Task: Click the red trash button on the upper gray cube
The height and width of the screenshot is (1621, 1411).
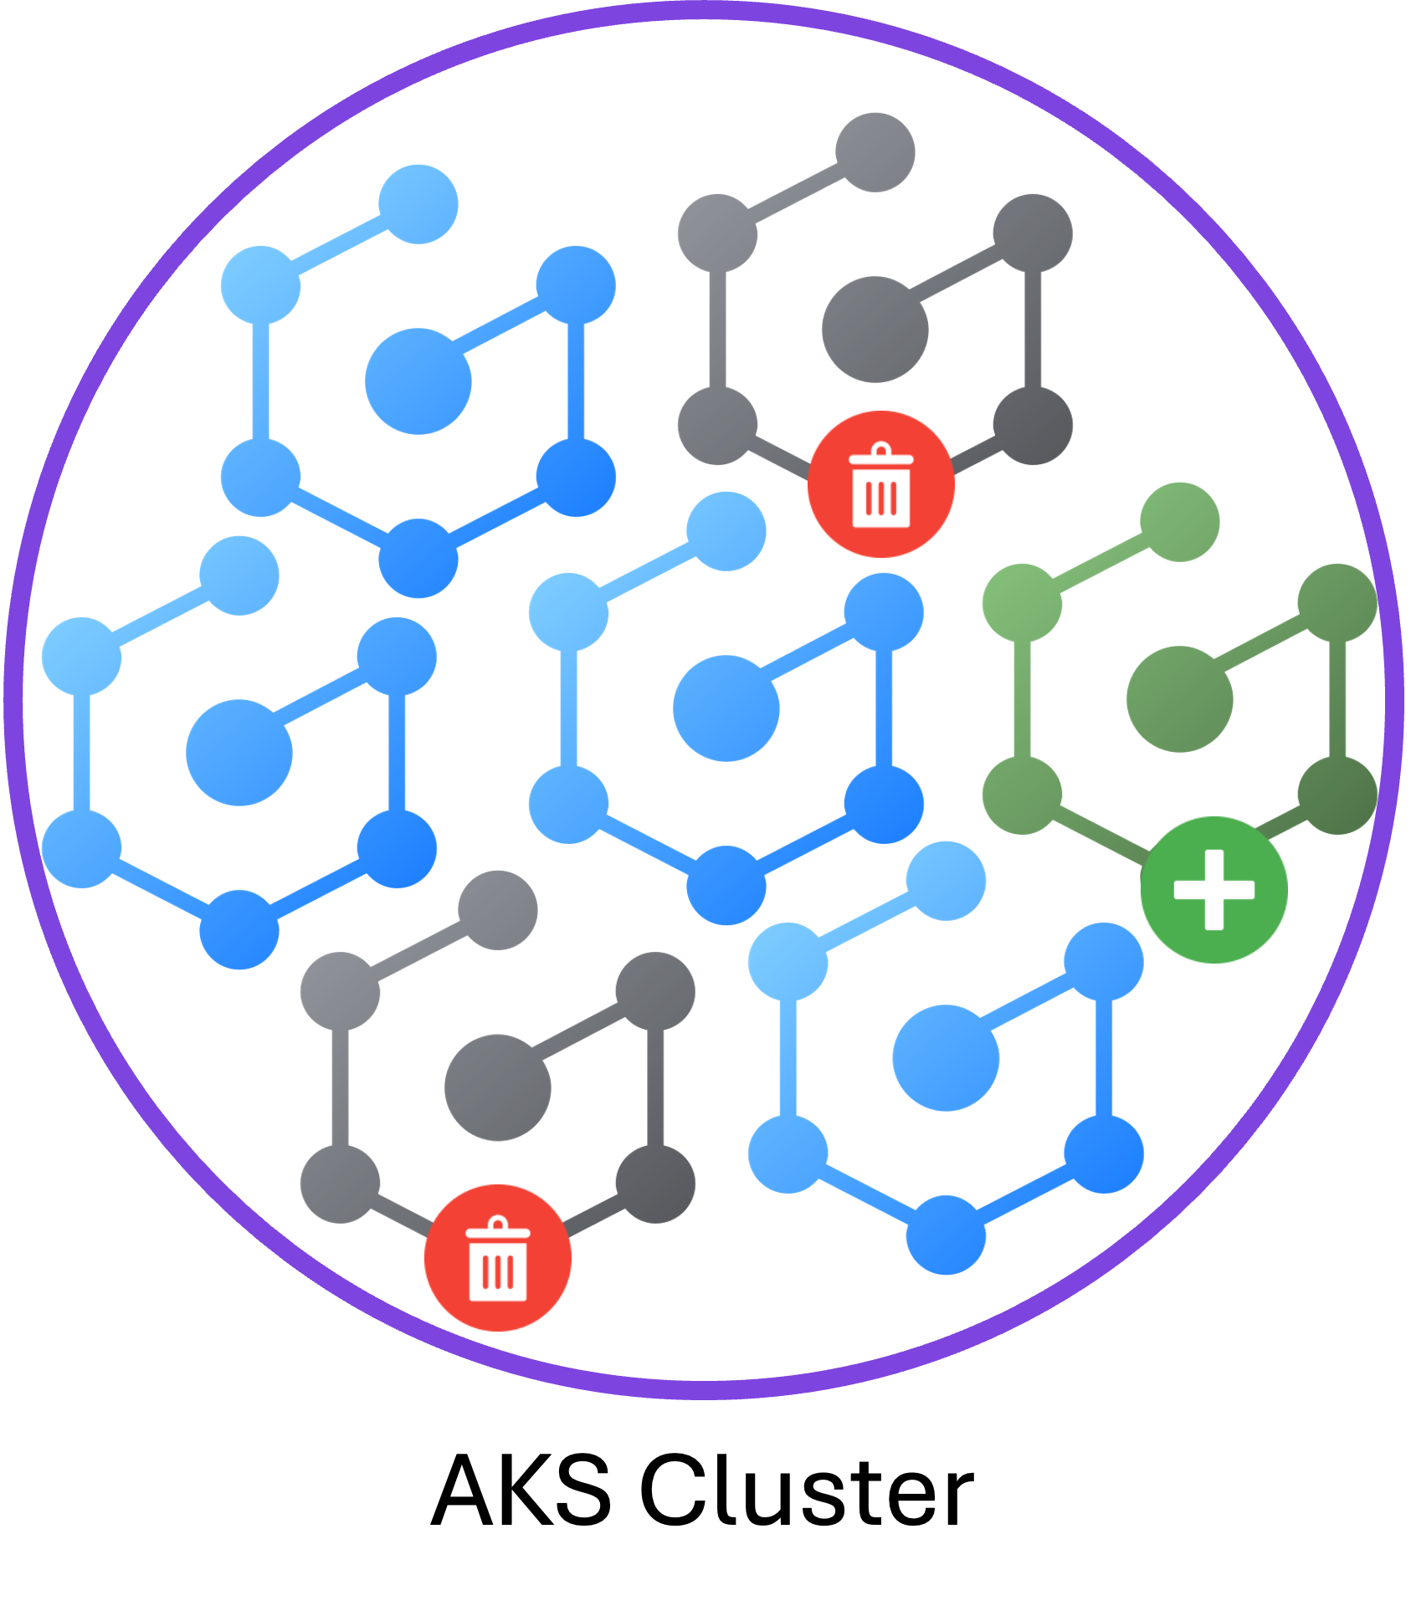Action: click(x=880, y=485)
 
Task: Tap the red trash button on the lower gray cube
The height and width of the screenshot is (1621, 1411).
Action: click(x=498, y=1258)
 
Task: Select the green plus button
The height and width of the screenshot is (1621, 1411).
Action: click(x=1213, y=889)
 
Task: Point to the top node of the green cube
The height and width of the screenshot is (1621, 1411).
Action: click(x=1179, y=521)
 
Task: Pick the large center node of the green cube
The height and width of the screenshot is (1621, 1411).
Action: click(x=1179, y=699)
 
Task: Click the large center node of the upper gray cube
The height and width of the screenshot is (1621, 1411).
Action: click(x=875, y=330)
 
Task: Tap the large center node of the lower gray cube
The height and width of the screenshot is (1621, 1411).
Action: click(x=498, y=1089)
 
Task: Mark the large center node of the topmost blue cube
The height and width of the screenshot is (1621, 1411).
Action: click(x=418, y=382)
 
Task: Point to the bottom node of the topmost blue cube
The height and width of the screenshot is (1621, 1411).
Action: click(x=418, y=559)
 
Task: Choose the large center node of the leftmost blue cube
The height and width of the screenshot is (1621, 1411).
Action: click(x=239, y=753)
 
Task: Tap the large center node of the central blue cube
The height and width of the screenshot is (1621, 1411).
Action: click(x=726, y=708)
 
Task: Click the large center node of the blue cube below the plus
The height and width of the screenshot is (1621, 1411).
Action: click(x=946, y=1058)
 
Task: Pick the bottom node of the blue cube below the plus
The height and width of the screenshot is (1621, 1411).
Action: click(x=946, y=1236)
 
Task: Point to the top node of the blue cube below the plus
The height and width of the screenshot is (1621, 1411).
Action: click(x=946, y=880)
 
